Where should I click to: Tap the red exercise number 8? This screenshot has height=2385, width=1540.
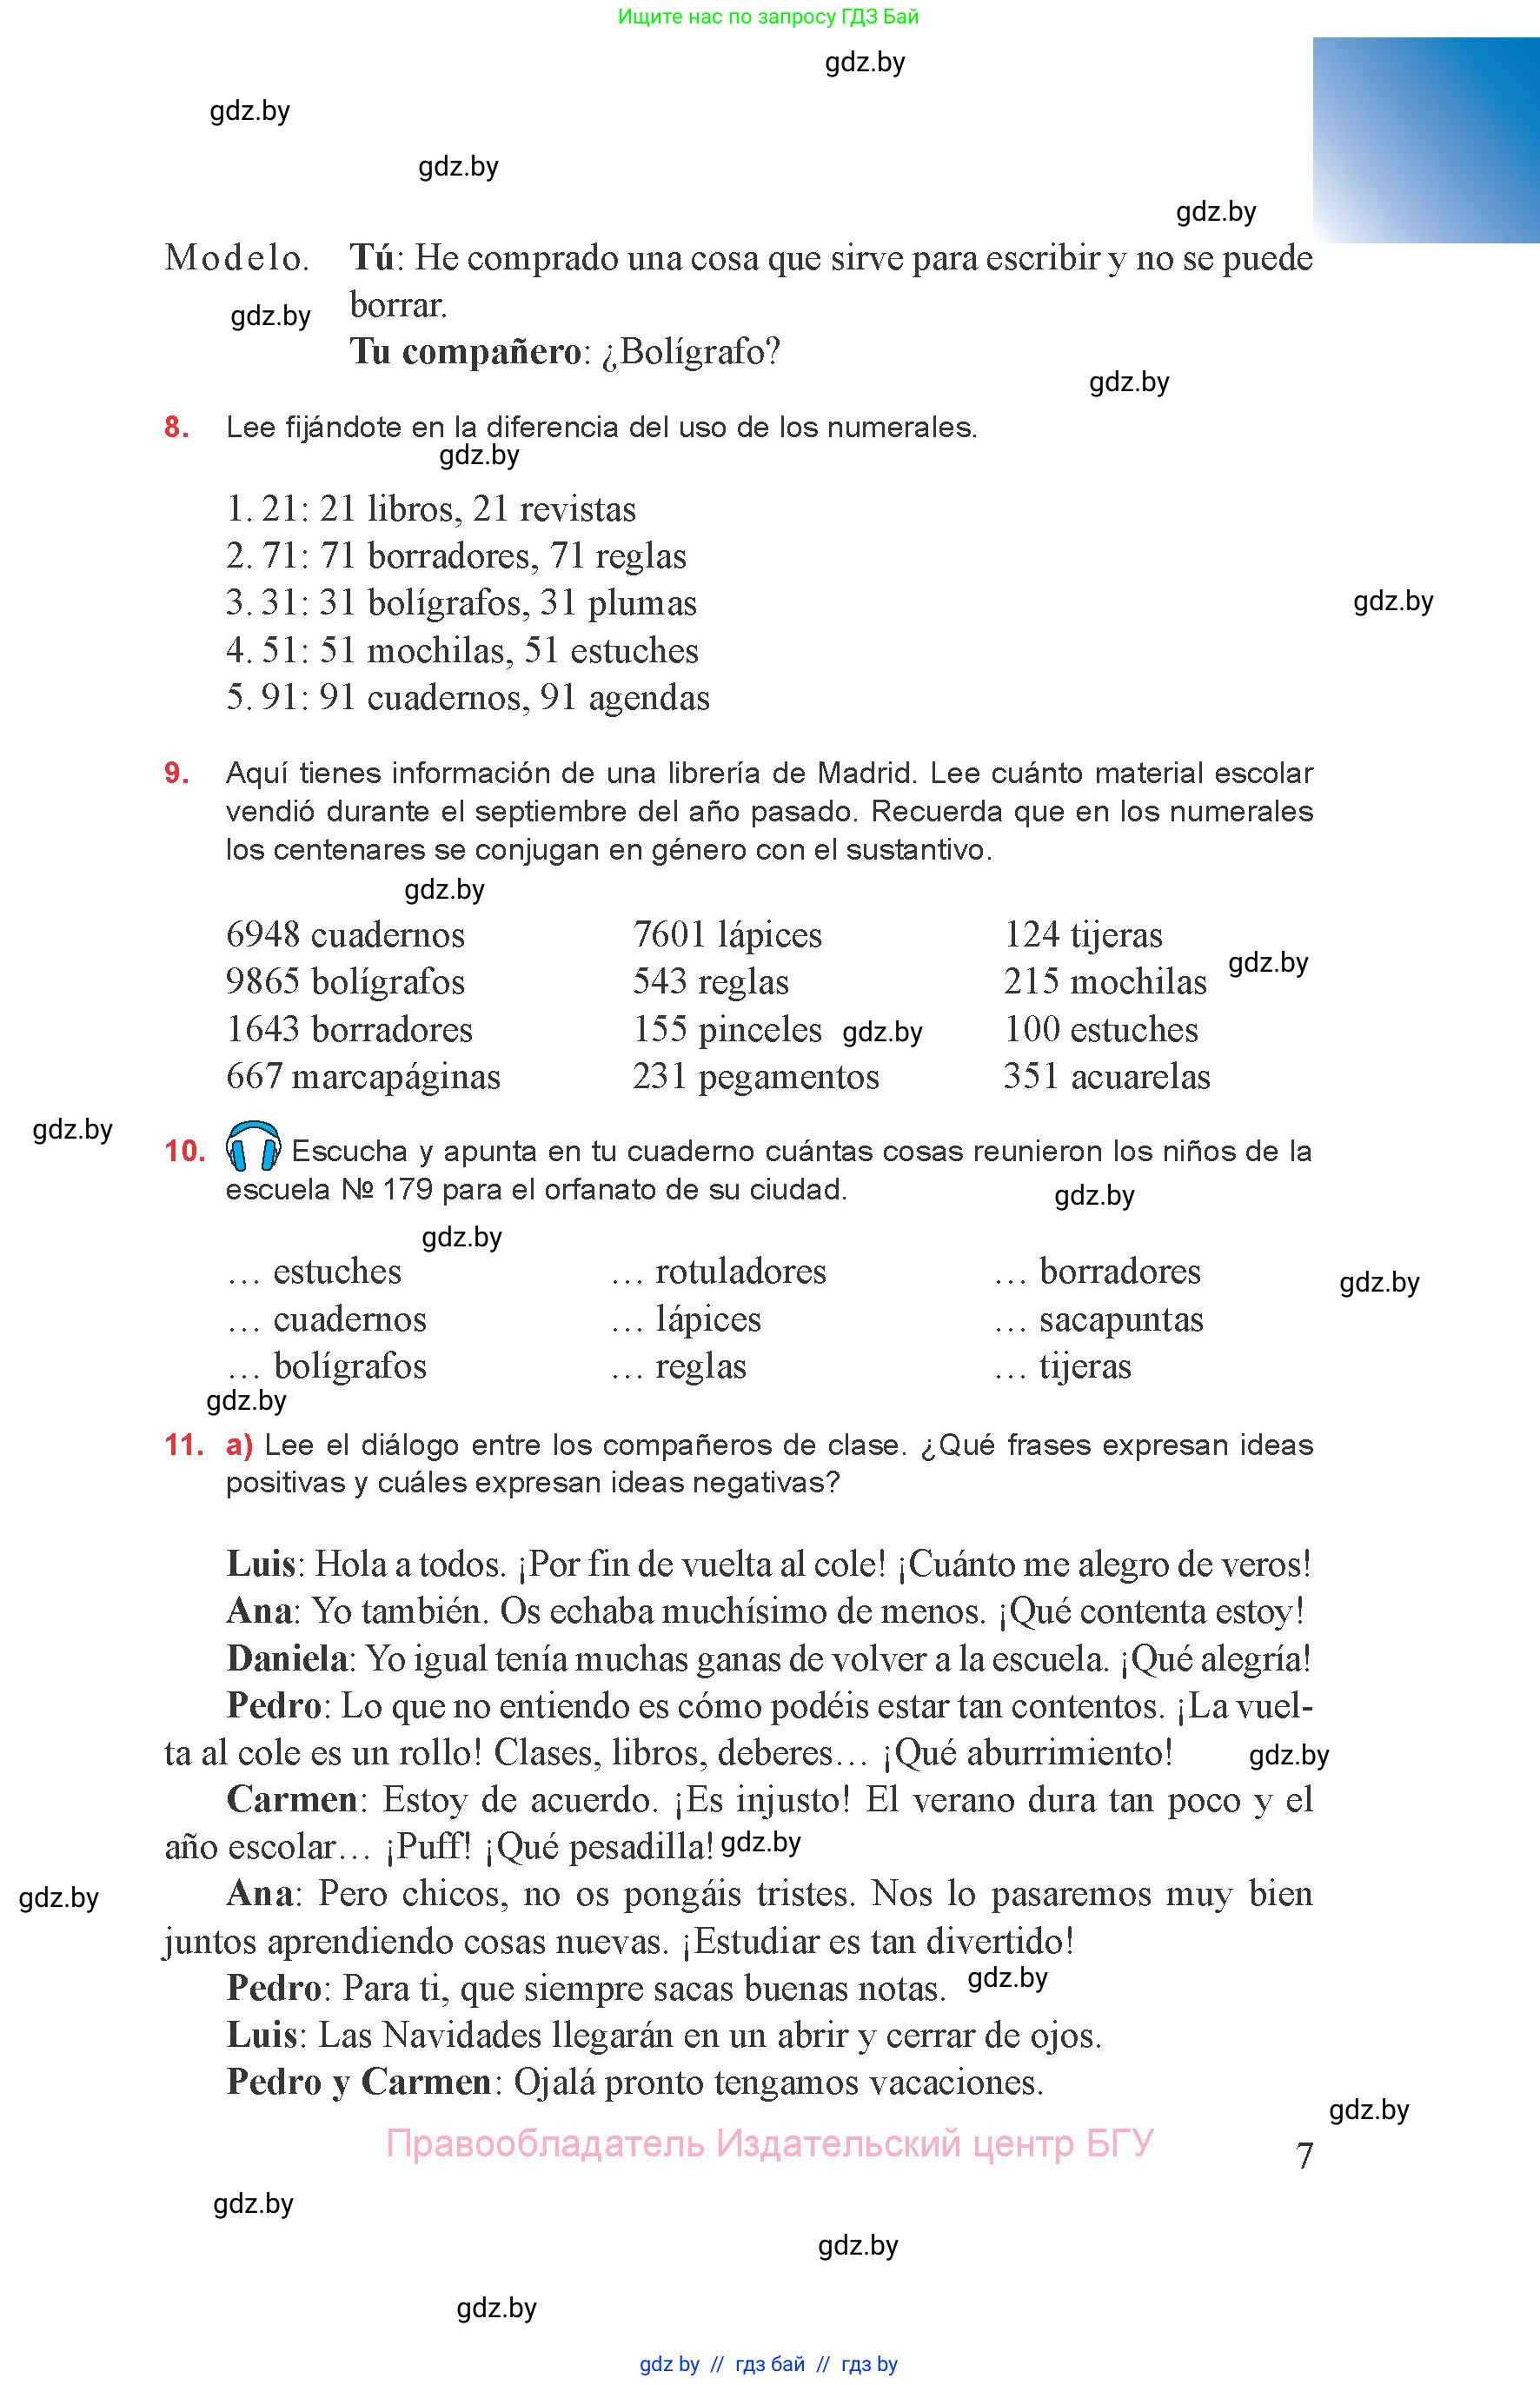[176, 427]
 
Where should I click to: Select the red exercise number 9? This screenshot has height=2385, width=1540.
[176, 772]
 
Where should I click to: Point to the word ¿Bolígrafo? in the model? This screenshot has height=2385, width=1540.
[690, 352]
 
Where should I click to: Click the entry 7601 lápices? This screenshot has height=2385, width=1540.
[727, 935]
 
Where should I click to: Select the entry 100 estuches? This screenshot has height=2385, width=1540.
[1100, 1029]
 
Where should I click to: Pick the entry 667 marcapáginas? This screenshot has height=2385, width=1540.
[363, 1076]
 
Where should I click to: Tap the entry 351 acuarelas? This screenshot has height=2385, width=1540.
[1106, 1076]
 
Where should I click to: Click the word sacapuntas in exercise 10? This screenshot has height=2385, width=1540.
[1121, 1320]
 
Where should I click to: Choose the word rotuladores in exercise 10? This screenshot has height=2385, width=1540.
[740, 1271]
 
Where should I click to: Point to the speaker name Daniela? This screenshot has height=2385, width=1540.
[286, 1659]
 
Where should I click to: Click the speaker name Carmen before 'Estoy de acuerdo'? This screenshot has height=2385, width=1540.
[291, 1800]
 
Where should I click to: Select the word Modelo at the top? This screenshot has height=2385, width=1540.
[236, 258]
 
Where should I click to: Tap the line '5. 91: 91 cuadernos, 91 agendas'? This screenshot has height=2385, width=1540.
[468, 697]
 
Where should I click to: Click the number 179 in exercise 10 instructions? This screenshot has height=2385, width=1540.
[407, 1189]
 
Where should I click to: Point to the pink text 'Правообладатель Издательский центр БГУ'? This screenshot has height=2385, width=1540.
[769, 2143]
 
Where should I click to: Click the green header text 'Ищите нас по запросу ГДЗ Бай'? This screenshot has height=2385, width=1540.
[768, 16]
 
